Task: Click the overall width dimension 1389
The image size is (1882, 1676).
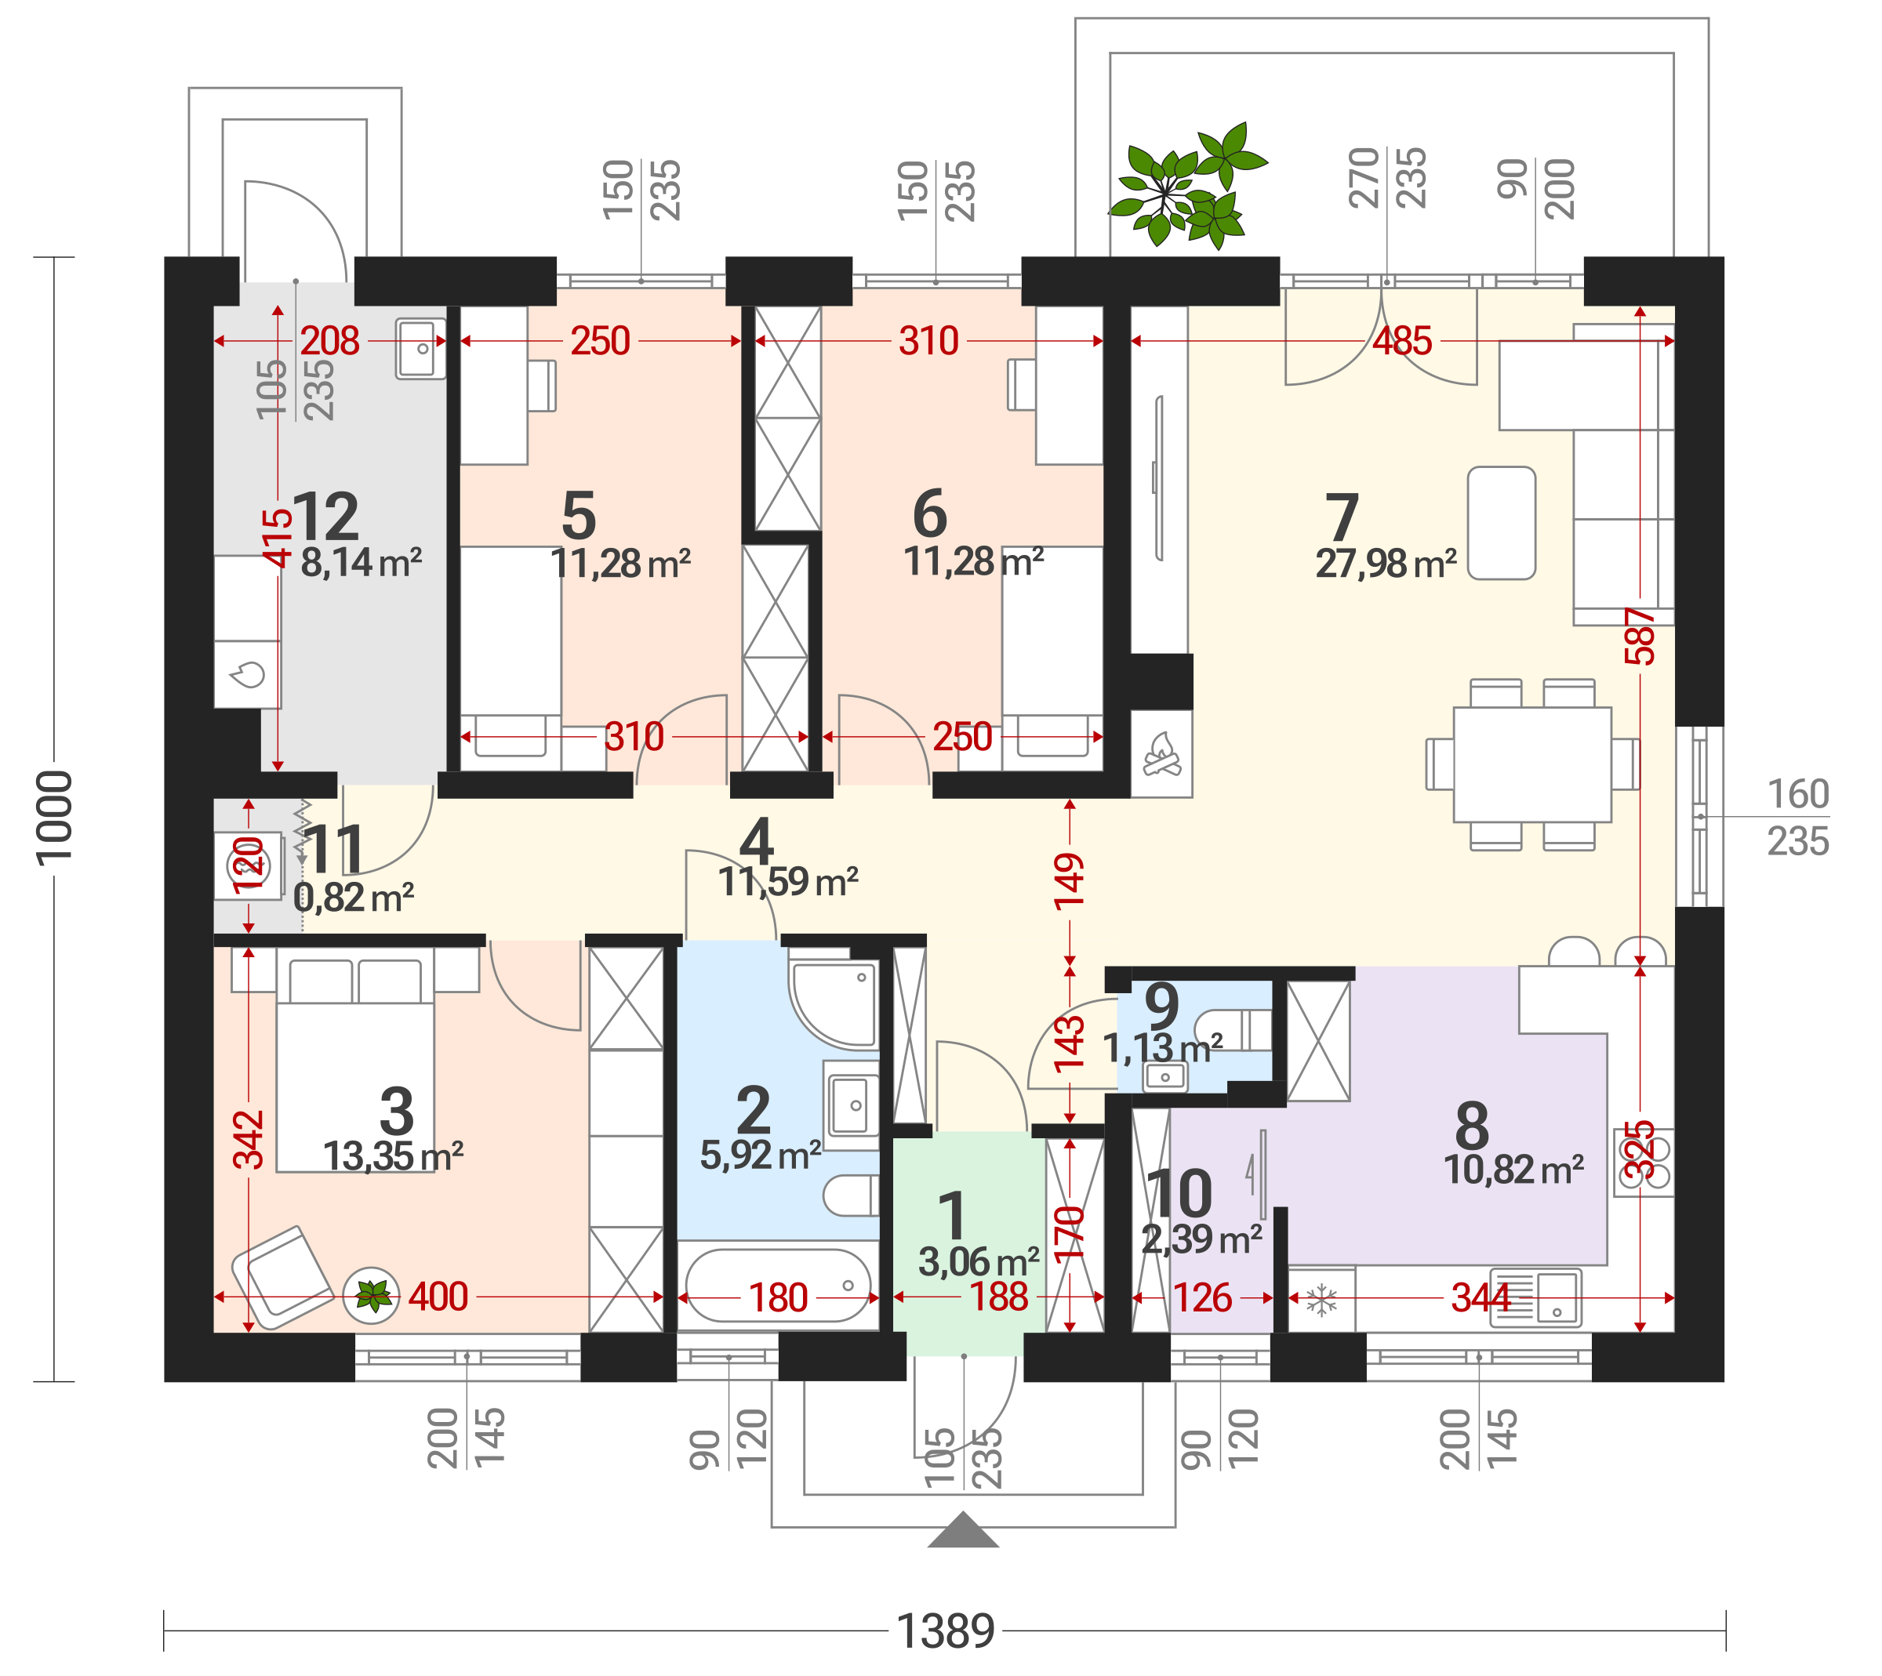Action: pyautogui.click(x=946, y=1631)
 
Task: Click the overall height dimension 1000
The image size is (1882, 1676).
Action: pyautogui.click(x=53, y=818)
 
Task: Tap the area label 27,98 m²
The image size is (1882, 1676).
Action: pyautogui.click(x=1386, y=564)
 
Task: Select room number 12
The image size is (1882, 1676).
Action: pyautogui.click(x=325, y=517)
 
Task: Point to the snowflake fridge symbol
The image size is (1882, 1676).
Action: pyautogui.click(x=1322, y=1301)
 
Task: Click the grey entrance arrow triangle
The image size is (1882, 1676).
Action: pyautogui.click(x=963, y=1529)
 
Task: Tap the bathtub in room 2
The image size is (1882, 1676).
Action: pyautogui.click(x=779, y=1286)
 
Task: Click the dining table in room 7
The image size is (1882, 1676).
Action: pyautogui.click(x=1532, y=764)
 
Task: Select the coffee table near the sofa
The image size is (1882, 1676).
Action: pyautogui.click(x=1502, y=523)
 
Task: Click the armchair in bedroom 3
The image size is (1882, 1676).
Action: pyautogui.click(x=282, y=1277)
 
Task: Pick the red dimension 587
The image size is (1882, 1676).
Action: pyautogui.click(x=1640, y=637)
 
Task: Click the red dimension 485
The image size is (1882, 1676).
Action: pyautogui.click(x=1402, y=342)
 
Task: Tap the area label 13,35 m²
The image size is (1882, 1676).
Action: pyautogui.click(x=394, y=1156)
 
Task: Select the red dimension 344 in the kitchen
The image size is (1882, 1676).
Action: pyautogui.click(x=1481, y=1297)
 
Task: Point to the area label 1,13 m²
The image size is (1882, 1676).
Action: pyautogui.click(x=1164, y=1048)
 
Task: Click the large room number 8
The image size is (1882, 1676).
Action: pyautogui.click(x=1472, y=1126)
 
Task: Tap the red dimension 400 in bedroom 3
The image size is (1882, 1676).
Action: pyautogui.click(x=438, y=1297)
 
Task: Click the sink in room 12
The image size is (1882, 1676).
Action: pyautogui.click(x=421, y=348)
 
